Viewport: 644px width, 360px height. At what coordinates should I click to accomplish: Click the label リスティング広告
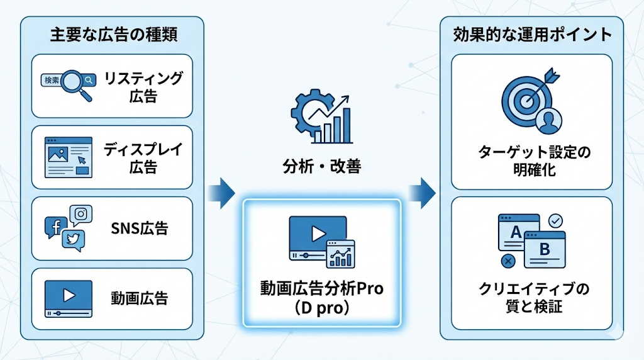143,87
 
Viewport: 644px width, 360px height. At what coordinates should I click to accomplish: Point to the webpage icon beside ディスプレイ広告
68,157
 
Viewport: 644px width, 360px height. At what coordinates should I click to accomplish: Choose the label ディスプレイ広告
143,158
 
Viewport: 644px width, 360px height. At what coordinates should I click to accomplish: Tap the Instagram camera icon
80,215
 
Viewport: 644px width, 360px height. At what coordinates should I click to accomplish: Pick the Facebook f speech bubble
55,227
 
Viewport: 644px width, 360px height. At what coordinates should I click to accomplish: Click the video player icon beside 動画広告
68,298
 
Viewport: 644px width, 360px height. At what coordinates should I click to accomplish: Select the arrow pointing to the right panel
421,192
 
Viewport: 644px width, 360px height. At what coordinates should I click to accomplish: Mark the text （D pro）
321,308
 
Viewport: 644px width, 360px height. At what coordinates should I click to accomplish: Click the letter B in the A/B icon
544,249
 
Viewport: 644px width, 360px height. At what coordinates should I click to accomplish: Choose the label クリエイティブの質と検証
532,298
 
